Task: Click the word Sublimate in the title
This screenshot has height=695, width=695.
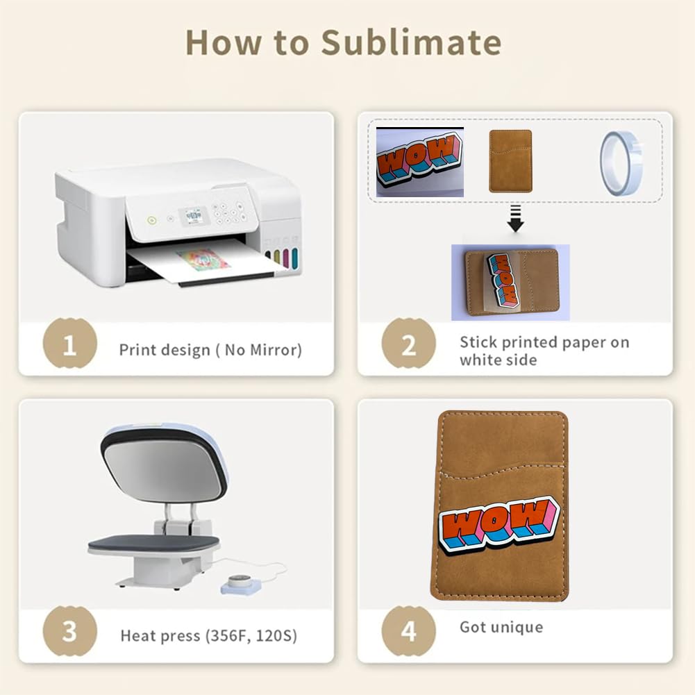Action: coord(411,42)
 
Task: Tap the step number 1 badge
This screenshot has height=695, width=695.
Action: coord(69,343)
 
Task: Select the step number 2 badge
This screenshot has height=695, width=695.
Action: coord(408,343)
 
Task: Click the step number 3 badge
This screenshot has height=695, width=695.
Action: coord(69,630)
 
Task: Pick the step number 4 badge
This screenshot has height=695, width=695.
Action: coord(408,630)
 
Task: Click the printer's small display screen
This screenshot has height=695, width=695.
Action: coord(193,216)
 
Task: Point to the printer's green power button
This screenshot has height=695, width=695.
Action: coord(151,220)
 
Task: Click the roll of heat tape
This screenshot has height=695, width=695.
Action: coord(621,163)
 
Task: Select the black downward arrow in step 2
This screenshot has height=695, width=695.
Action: coord(515,218)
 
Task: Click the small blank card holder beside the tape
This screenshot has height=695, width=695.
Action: coord(510,161)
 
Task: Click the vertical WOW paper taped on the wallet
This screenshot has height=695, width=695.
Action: coord(503,280)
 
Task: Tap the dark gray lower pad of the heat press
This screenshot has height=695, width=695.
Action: coord(153,544)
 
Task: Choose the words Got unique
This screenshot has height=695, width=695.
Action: coord(501,627)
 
